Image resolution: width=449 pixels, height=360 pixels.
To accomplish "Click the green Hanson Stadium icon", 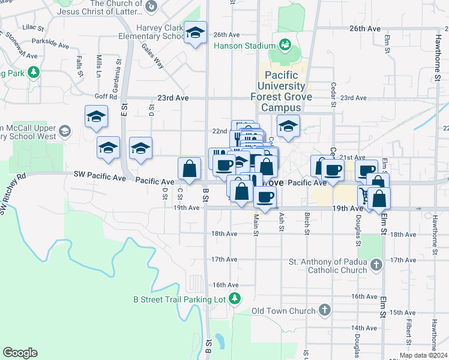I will pos(285,44).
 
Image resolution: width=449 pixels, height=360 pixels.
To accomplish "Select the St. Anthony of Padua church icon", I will pos(376,265).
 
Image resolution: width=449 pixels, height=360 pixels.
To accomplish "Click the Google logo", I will pos(20,352).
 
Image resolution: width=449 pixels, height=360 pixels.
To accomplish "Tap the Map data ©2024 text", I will pos(423,355).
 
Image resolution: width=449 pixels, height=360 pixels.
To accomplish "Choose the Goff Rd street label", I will pos(105,96).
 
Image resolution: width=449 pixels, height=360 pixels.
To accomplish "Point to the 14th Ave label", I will pos(363,328).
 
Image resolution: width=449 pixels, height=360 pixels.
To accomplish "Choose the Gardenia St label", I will pos(118,69).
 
